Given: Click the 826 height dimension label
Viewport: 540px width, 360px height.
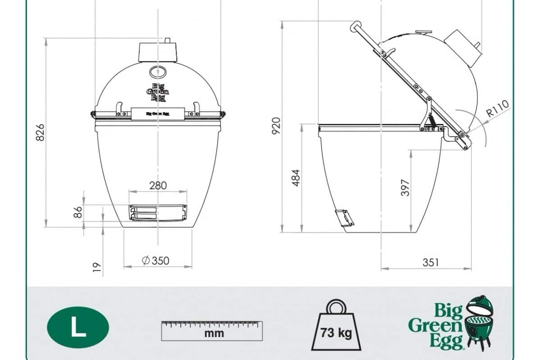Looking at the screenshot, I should (x=40, y=132).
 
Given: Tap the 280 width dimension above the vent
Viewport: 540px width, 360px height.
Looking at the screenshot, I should (x=158, y=185).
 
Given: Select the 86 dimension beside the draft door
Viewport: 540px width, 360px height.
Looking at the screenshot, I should (x=78, y=212).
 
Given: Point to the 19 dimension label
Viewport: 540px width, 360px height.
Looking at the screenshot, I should (x=96, y=268).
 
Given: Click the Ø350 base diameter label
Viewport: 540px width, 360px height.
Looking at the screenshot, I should (x=155, y=260).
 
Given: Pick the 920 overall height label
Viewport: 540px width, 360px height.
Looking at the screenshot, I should (x=275, y=126).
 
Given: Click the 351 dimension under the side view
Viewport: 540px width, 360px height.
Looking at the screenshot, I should (x=430, y=262).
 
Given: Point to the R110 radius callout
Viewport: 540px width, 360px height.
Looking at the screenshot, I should (x=498, y=109).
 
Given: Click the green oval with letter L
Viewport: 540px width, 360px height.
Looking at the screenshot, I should (x=78, y=327).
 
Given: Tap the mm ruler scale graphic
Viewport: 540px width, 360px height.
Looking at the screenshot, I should (x=212, y=331).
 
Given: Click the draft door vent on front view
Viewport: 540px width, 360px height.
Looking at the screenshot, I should (x=158, y=212).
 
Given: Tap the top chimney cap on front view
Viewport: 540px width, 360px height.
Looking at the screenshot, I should (x=158, y=51).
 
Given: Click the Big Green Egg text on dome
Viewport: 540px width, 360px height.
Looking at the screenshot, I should (x=158, y=92).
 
